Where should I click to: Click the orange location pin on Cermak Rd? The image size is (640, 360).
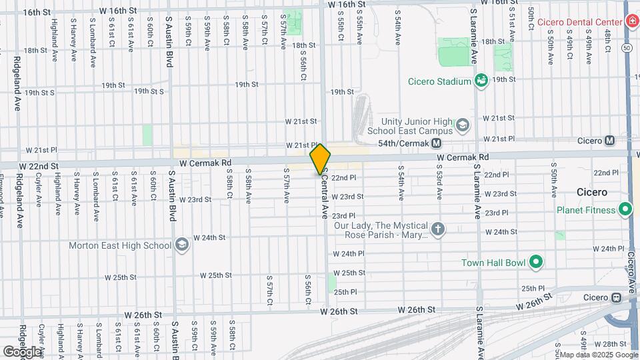[321, 159]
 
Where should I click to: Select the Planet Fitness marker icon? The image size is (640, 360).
[625, 211]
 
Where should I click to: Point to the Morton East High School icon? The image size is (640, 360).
[182, 245]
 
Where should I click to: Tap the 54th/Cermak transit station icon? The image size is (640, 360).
[437, 143]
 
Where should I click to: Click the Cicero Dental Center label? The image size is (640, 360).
[579, 22]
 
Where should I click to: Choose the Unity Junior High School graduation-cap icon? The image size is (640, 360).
[461, 125]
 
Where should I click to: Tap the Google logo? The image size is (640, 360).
[23, 351]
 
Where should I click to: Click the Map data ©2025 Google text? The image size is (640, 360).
[597, 354]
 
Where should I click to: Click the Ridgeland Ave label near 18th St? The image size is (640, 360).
[16, 83]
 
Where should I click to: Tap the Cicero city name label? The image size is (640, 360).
[592, 192]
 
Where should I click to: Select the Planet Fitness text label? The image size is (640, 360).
[586, 211]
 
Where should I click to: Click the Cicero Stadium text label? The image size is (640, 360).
[440, 81]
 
